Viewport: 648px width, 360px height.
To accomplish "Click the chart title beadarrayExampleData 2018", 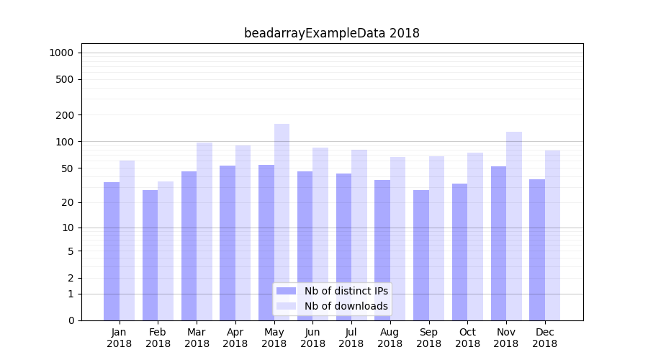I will point(331,33).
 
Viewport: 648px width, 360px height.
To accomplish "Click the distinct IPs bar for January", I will point(112,251).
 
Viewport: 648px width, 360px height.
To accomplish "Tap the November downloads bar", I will point(514,226).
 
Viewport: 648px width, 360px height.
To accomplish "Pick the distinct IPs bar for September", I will point(421,255).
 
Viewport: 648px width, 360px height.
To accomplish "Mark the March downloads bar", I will point(204,231).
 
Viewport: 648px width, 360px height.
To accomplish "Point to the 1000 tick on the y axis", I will point(61,53).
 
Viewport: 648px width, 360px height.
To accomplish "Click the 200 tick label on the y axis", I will point(66,115).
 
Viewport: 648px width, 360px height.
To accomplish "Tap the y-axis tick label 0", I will point(71,320).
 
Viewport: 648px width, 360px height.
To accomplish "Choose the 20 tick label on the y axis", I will point(68,202).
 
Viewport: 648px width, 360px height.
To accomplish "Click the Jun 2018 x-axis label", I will point(312,338).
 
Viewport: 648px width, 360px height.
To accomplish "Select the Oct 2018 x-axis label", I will point(467,338).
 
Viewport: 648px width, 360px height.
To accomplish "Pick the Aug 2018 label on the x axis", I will point(390,338).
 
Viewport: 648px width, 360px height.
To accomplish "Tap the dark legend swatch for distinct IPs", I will point(286,291).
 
